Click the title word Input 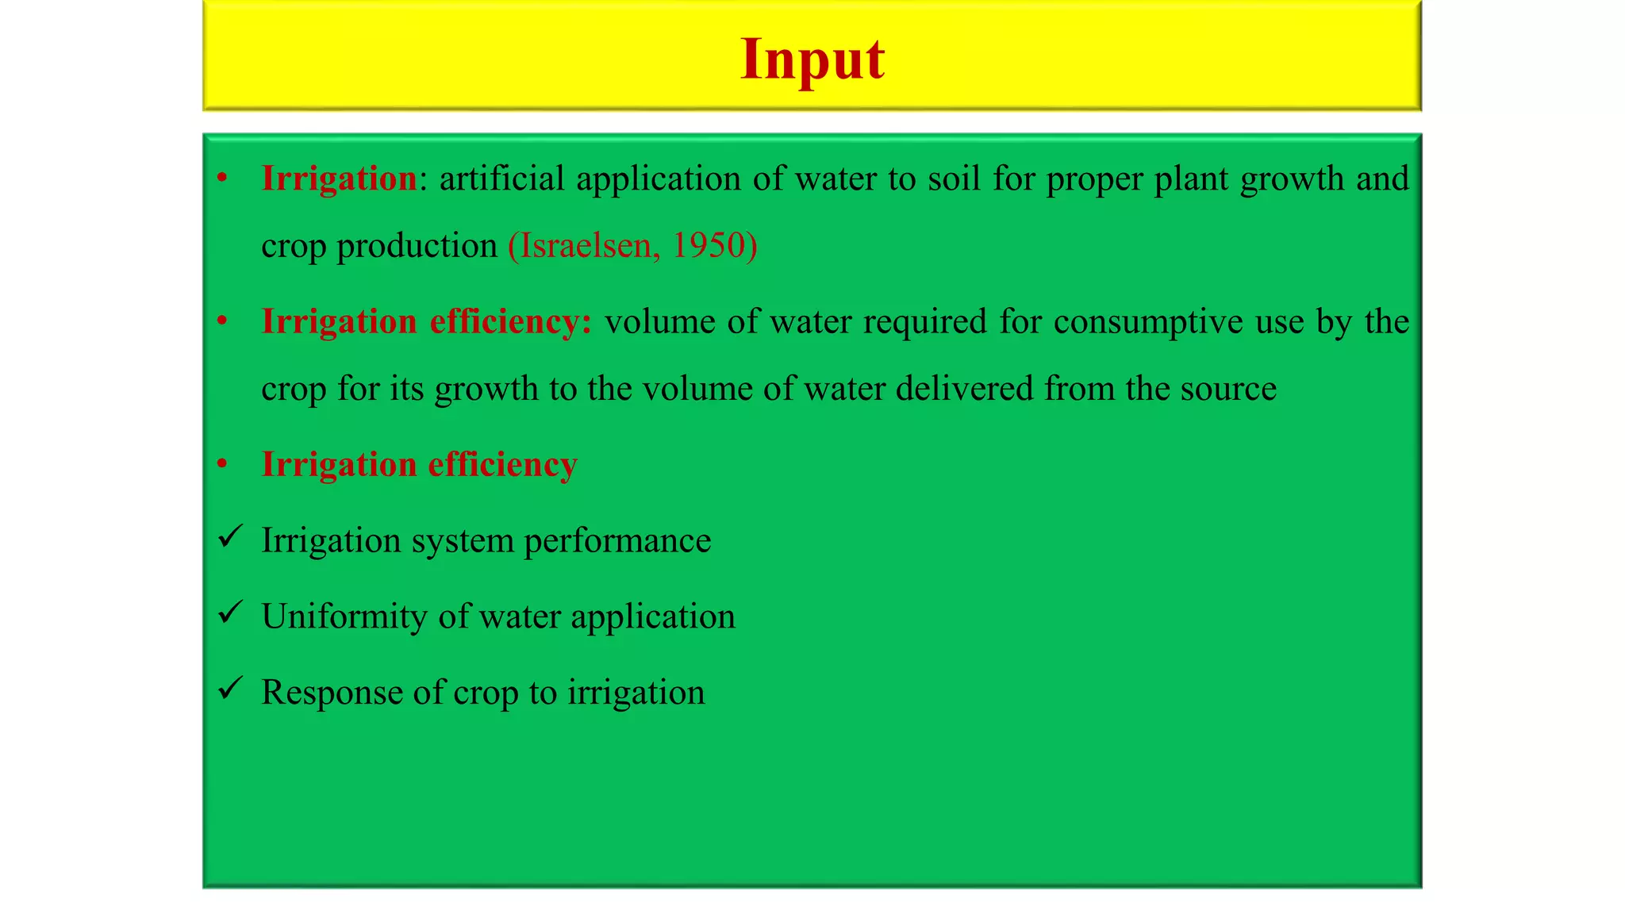(x=812, y=60)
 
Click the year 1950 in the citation (x=709, y=245)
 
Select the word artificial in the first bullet (x=501, y=179)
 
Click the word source (x=1228, y=389)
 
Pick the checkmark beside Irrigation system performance (x=230, y=537)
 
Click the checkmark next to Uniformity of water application (x=230, y=613)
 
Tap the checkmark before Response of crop (x=230, y=689)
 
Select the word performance (x=617, y=541)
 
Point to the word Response (x=331, y=693)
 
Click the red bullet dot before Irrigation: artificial (x=223, y=179)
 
